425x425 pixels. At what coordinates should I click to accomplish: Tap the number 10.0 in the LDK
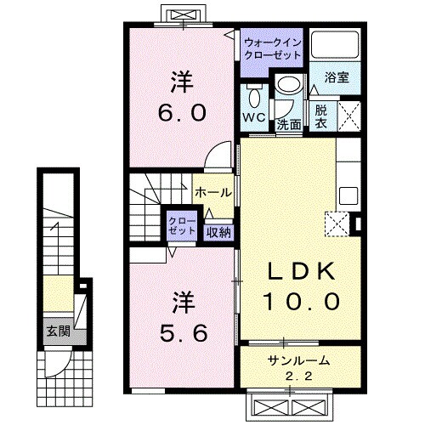304,300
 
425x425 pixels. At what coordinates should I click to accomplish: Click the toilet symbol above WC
253,93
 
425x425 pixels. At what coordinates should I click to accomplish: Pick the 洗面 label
289,124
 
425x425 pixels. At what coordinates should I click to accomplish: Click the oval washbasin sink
289,86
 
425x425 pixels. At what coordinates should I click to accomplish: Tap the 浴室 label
337,76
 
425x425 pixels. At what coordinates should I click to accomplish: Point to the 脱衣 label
322,116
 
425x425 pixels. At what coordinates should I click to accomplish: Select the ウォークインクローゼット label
272,48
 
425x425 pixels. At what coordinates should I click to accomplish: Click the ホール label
212,193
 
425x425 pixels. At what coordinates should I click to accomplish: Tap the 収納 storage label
217,230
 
